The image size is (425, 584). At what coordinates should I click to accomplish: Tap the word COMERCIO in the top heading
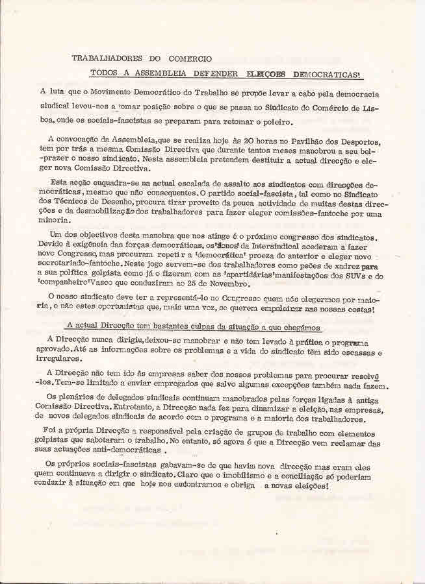coord(186,58)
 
